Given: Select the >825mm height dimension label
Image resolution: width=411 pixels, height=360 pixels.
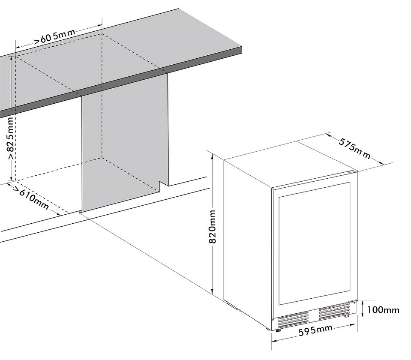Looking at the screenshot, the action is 11,138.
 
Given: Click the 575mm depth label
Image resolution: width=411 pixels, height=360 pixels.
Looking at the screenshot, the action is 354,149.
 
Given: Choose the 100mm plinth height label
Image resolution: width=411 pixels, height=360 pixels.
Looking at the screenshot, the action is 383,310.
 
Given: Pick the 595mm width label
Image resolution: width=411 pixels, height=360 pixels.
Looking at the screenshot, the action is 315,330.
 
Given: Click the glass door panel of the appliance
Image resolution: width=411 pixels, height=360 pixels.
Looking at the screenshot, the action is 315,243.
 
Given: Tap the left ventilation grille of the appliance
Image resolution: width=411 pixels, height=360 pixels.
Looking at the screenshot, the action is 293,320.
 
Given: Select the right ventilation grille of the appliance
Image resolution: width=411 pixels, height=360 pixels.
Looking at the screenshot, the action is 334,310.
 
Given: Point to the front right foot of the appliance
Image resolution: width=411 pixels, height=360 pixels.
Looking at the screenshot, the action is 347,316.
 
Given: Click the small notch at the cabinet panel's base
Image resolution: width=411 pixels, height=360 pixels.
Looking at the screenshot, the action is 163,186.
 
